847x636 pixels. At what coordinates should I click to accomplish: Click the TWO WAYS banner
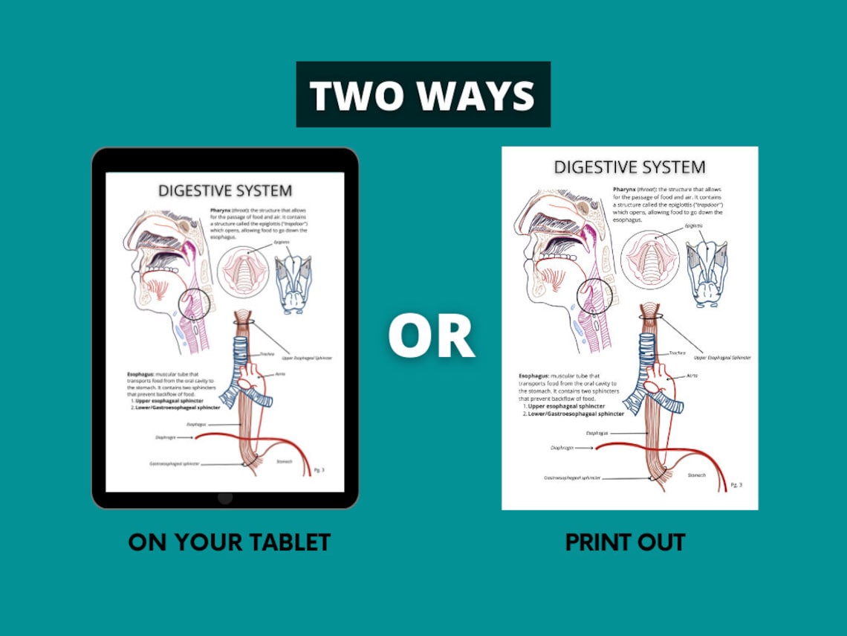point(423,95)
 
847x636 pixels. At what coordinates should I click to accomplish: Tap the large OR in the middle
point(431,336)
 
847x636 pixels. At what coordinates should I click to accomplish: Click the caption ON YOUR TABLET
point(229,542)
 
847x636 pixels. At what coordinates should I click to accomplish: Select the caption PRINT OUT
point(625,542)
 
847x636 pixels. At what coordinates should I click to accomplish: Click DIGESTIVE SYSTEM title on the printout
point(629,167)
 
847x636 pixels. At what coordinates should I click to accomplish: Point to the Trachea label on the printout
point(677,353)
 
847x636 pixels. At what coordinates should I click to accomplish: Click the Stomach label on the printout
point(696,474)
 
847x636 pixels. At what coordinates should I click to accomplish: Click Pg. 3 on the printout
point(736,485)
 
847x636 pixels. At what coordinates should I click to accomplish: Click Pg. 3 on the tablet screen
point(319,470)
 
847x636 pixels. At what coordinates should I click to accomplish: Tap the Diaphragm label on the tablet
point(166,438)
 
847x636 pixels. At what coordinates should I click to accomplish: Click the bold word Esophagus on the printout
point(536,377)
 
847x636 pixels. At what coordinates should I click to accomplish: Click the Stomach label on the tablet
point(285,461)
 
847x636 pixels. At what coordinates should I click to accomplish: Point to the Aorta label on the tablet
point(280,373)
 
